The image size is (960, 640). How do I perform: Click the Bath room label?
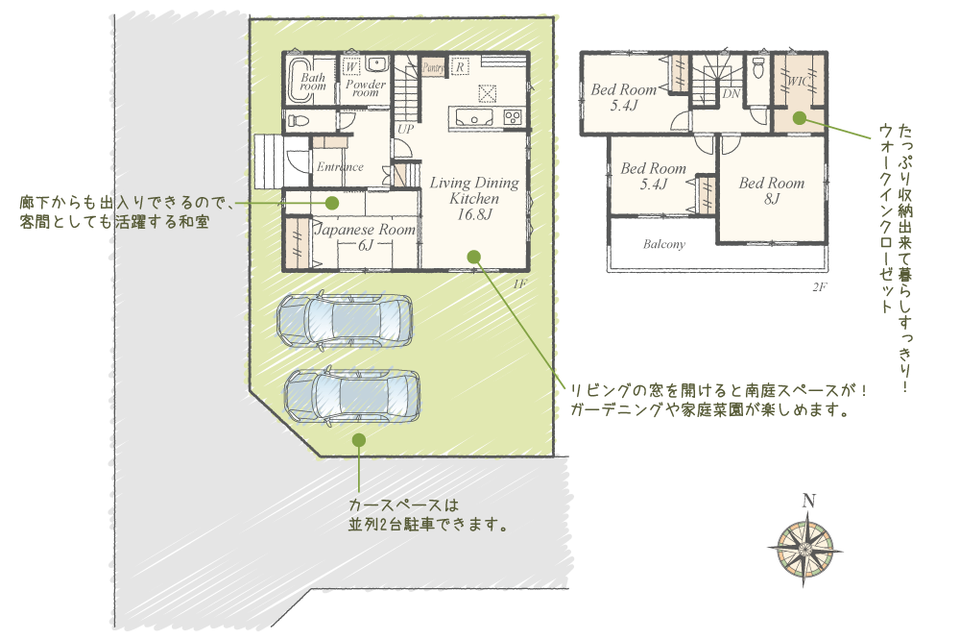tap(313, 82)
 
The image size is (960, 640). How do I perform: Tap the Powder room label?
tap(366, 88)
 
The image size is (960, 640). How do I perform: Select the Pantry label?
tap(434, 67)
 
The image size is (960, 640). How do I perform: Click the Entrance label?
tap(340, 167)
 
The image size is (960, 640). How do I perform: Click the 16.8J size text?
tap(474, 214)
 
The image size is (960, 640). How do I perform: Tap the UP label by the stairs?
tap(405, 130)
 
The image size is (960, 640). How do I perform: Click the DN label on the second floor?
tap(731, 94)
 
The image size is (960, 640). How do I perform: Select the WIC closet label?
tap(798, 81)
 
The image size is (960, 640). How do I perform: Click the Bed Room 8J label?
tap(772, 190)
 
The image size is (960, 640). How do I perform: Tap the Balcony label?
tap(663, 244)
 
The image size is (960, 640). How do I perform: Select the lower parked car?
tap(352, 395)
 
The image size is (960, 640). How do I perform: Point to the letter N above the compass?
tap(808, 501)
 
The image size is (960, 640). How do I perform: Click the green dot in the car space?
tap(359, 440)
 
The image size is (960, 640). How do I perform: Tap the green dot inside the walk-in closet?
tap(799, 118)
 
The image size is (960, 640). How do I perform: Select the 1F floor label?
tap(519, 283)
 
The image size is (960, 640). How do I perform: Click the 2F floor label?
tap(820, 286)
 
